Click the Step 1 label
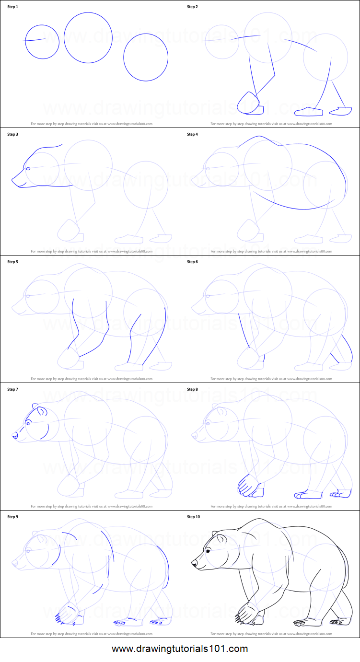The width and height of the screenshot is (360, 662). coord(12,7)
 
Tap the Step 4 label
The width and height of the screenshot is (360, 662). coord(192,134)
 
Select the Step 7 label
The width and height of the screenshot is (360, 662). coord(12,389)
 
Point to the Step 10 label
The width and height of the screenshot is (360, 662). coord(193,517)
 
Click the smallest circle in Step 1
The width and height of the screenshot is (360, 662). coord(42,42)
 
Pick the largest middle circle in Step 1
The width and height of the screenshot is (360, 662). coord(88,38)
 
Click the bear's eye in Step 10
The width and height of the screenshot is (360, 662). coord(208,551)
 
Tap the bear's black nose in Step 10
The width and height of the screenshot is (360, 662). coord(194,563)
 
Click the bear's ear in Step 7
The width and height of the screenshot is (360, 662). coord(42,411)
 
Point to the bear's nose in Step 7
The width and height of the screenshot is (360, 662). coord(14,435)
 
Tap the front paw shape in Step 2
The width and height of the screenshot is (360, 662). coord(250,104)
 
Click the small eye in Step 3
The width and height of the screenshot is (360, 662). coord(28,168)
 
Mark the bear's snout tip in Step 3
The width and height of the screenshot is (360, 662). coord(13,180)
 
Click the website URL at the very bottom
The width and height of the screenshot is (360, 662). coord(180,649)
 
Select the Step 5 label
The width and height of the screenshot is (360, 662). coord(12,262)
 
